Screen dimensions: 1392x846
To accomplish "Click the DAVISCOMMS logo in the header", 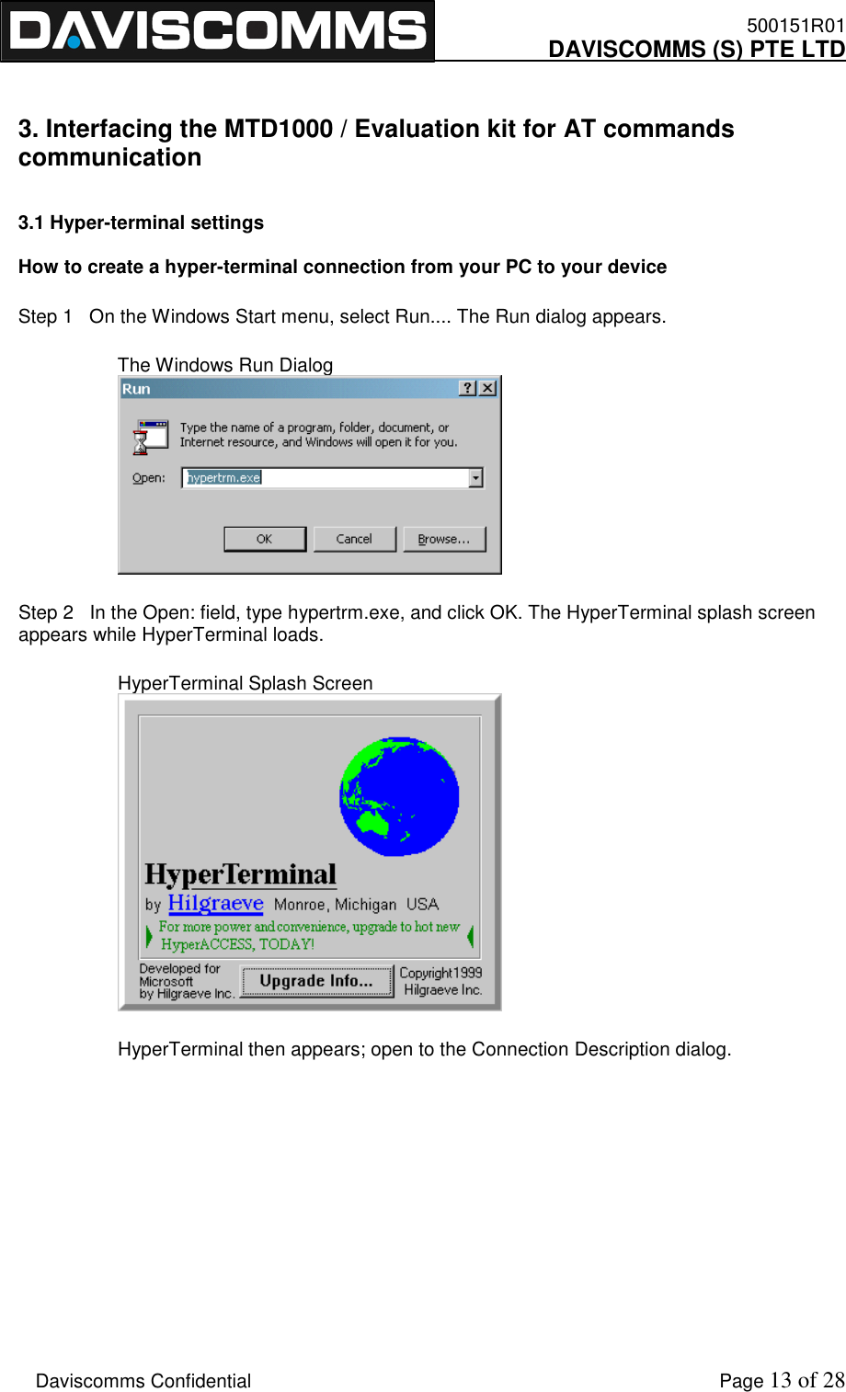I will (x=217, y=30).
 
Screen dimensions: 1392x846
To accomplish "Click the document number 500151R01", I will (x=795, y=26).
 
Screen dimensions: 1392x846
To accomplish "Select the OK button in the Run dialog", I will (x=265, y=539).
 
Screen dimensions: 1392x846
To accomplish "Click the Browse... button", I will (x=444, y=539).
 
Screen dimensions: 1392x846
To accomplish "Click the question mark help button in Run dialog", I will (x=468, y=388).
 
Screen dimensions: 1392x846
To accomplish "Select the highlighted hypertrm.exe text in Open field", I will (x=224, y=478).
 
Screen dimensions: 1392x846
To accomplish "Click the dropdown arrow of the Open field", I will (x=475, y=478).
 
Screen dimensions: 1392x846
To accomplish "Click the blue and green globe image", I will (x=399, y=796).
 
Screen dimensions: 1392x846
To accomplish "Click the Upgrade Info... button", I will (x=316, y=981).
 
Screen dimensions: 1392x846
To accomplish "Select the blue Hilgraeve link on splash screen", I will (x=216, y=904).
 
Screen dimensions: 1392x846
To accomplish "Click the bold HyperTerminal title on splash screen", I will (x=241, y=874).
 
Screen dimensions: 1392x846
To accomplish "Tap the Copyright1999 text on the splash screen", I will (x=440, y=973).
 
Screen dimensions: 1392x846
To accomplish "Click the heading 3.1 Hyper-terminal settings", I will (x=141, y=222).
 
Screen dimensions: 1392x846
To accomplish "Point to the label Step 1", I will (x=45, y=316).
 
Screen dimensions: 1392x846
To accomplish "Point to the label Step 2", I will (x=45, y=612).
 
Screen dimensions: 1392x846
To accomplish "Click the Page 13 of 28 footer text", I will (x=781, y=1380).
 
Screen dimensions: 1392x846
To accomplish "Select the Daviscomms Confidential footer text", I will (x=143, y=1381).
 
